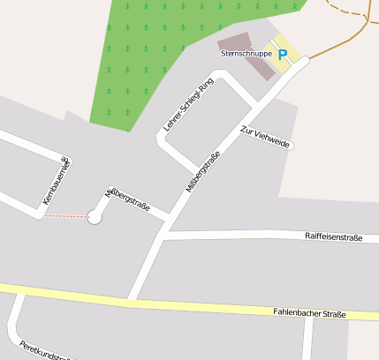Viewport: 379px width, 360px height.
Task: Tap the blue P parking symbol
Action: (283, 55)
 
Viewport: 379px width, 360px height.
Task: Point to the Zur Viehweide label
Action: (267, 138)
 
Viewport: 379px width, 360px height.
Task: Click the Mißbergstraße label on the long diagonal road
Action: (203, 171)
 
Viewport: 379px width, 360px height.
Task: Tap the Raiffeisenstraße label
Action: (333, 236)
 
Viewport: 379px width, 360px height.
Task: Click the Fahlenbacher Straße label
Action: (308, 313)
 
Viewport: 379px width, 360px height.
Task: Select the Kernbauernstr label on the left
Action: (56, 183)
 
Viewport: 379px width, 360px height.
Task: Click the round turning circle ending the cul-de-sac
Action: (95, 217)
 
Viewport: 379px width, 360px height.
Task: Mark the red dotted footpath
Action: (65, 217)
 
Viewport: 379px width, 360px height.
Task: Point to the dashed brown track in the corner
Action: (352, 11)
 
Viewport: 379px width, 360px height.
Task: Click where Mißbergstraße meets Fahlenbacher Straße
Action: (133, 303)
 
